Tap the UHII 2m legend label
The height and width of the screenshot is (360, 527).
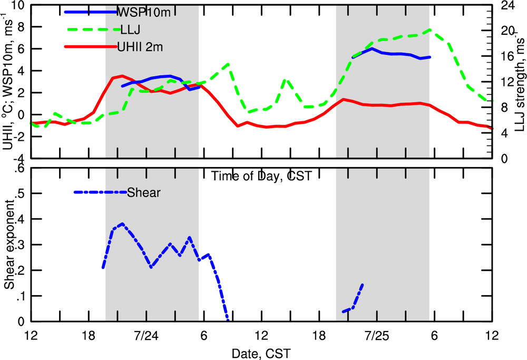pyautogui.click(x=140, y=47)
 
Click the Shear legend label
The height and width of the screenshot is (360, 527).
pyautogui.click(x=143, y=192)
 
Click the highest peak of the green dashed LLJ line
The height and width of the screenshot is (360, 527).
pyautogui.click(x=431, y=30)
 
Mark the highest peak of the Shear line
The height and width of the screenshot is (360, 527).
pyautogui.click(x=122, y=223)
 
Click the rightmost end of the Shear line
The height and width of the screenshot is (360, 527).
pyautogui.click(x=363, y=285)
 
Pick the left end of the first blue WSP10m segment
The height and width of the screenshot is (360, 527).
pyautogui.click(x=122, y=86)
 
